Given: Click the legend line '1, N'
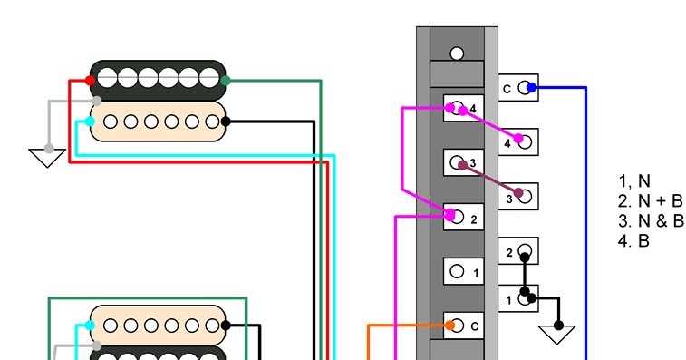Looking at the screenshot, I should [x=634, y=180].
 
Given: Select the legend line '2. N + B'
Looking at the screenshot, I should [x=650, y=201].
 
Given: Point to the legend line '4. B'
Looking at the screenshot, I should [x=633, y=241].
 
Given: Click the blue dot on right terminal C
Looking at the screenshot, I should [x=532, y=88].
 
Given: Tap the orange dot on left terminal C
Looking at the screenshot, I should [x=449, y=325].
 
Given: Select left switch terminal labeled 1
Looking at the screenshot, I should [x=462, y=271].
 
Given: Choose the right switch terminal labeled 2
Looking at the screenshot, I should [x=518, y=251].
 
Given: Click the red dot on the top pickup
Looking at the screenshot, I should [x=90, y=81].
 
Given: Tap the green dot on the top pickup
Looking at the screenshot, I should [x=225, y=81].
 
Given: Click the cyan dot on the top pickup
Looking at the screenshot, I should [x=90, y=121].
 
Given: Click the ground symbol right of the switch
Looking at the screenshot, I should [x=558, y=333].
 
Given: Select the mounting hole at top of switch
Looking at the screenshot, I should [x=457, y=54].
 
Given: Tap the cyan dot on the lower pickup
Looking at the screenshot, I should [x=90, y=325].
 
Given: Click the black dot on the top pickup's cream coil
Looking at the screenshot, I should [x=225, y=121].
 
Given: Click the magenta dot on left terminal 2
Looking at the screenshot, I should [x=450, y=215].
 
